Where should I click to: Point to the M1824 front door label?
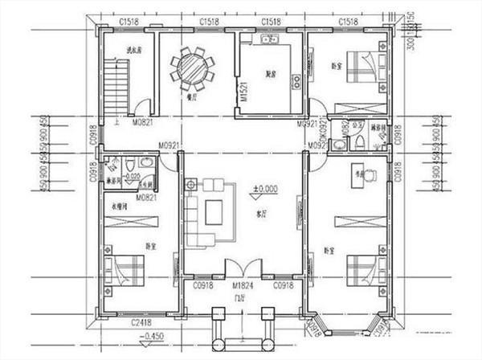click(244, 286)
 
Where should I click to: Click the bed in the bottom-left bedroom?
click(125, 268)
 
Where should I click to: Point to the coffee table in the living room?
click(214, 211)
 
